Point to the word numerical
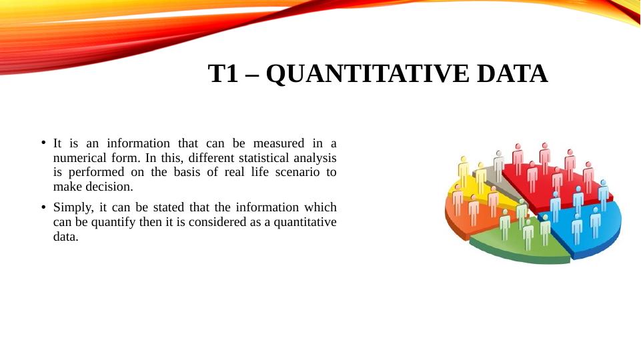point(79,158)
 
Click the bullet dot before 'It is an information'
point(42,143)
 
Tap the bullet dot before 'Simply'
point(42,207)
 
